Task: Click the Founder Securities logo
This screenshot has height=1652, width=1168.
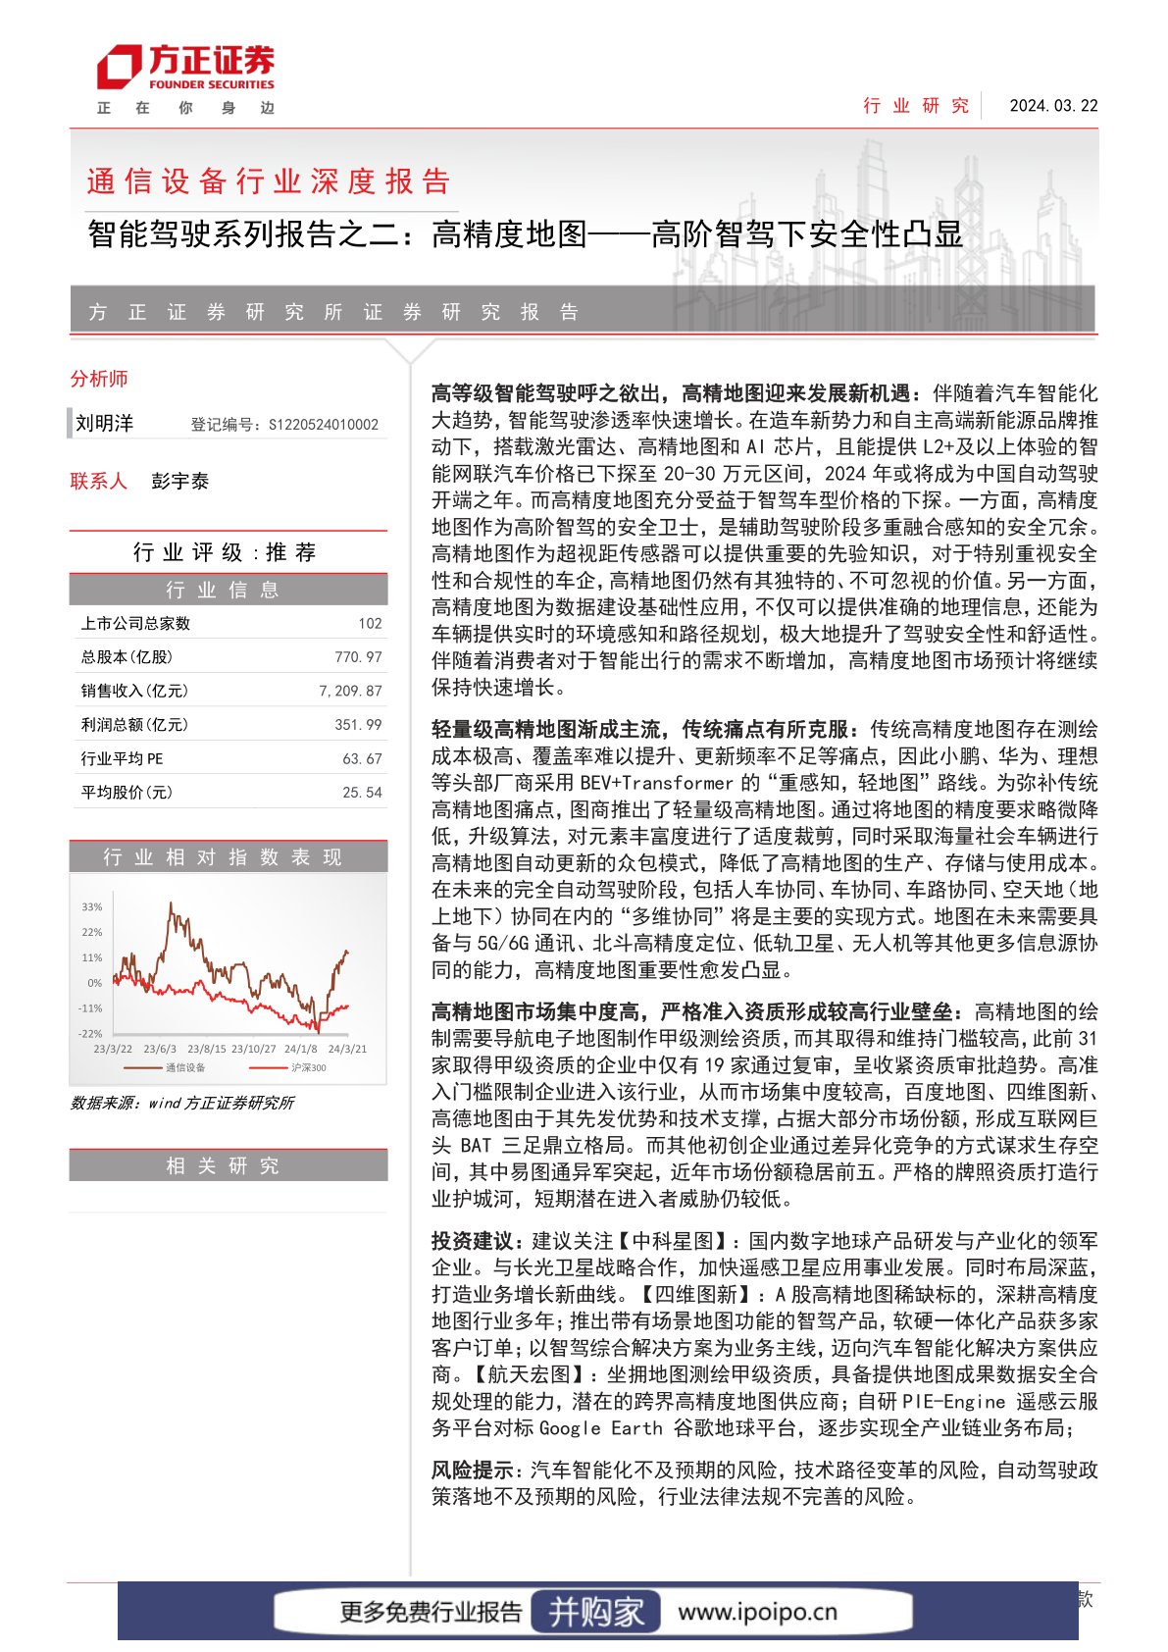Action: coord(185,69)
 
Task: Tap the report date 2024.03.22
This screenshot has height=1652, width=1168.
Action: coord(1053,106)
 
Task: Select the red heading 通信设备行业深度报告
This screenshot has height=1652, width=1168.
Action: coord(269,181)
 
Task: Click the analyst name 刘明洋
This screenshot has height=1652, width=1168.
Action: coord(104,424)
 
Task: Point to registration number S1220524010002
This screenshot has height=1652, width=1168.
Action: coord(323,425)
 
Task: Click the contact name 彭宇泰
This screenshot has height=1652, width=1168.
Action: coord(180,482)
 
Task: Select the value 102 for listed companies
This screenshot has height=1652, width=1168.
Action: coord(370,624)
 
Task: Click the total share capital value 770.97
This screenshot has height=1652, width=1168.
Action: coord(358,657)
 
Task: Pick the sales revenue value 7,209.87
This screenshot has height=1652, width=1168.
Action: coord(350,692)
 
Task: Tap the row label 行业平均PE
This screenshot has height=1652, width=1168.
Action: coord(122,759)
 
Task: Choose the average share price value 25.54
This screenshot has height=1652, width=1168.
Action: coord(362,793)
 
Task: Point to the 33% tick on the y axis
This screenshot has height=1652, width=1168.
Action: coord(92,907)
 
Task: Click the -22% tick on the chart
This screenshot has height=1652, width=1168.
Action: coord(90,1034)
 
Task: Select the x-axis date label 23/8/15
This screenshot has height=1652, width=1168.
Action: coord(207,1049)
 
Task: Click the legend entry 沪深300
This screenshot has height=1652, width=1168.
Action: coord(308,1067)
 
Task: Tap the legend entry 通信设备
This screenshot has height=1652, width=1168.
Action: coord(184,1067)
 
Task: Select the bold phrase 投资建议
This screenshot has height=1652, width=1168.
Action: coord(471,1241)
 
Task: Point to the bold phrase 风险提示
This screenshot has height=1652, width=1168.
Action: coord(472,1471)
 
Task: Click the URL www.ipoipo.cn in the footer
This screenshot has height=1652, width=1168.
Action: coord(757,1612)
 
